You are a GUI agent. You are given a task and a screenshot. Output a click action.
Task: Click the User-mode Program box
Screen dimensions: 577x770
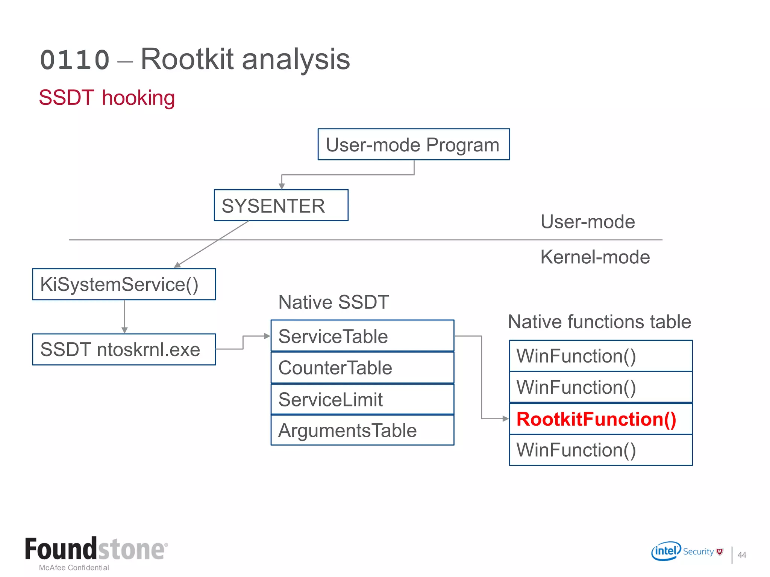coord(414,145)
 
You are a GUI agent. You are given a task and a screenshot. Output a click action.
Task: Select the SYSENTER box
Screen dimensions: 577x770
coord(281,205)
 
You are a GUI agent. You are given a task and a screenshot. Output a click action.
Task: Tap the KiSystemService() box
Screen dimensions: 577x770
coord(124,284)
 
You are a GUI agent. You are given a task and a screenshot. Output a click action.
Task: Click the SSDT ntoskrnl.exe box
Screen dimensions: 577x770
coord(124,349)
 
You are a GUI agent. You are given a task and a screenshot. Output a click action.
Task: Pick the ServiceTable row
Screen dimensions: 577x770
coord(362,336)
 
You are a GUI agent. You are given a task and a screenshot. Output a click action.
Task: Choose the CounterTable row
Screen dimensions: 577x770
coord(362,367)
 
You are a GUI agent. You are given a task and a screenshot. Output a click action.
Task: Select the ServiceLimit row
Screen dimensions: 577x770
coord(362,399)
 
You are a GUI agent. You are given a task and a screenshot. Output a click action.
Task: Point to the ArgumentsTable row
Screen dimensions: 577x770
coord(362,430)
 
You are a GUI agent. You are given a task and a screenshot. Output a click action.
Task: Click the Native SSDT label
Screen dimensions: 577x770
coord(333,302)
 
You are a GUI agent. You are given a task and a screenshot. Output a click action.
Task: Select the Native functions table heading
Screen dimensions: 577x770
coord(599,322)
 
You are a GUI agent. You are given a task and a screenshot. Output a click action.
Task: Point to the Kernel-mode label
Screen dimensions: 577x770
coord(595,257)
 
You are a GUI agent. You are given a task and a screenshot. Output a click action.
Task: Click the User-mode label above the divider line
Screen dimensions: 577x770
coord(588,222)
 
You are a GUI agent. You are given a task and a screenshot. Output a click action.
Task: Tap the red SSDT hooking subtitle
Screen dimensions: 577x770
coord(107,98)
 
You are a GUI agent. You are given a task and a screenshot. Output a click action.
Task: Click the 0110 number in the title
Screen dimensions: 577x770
coord(74,60)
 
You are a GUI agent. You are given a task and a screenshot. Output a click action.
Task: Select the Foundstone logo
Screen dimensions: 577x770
coord(96,549)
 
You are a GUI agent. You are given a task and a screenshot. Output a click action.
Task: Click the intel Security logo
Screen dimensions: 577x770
coord(687,551)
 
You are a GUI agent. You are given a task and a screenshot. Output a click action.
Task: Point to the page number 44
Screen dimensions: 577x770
coord(741,555)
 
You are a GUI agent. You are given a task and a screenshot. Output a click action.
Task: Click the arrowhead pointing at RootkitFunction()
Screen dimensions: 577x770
coord(506,418)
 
